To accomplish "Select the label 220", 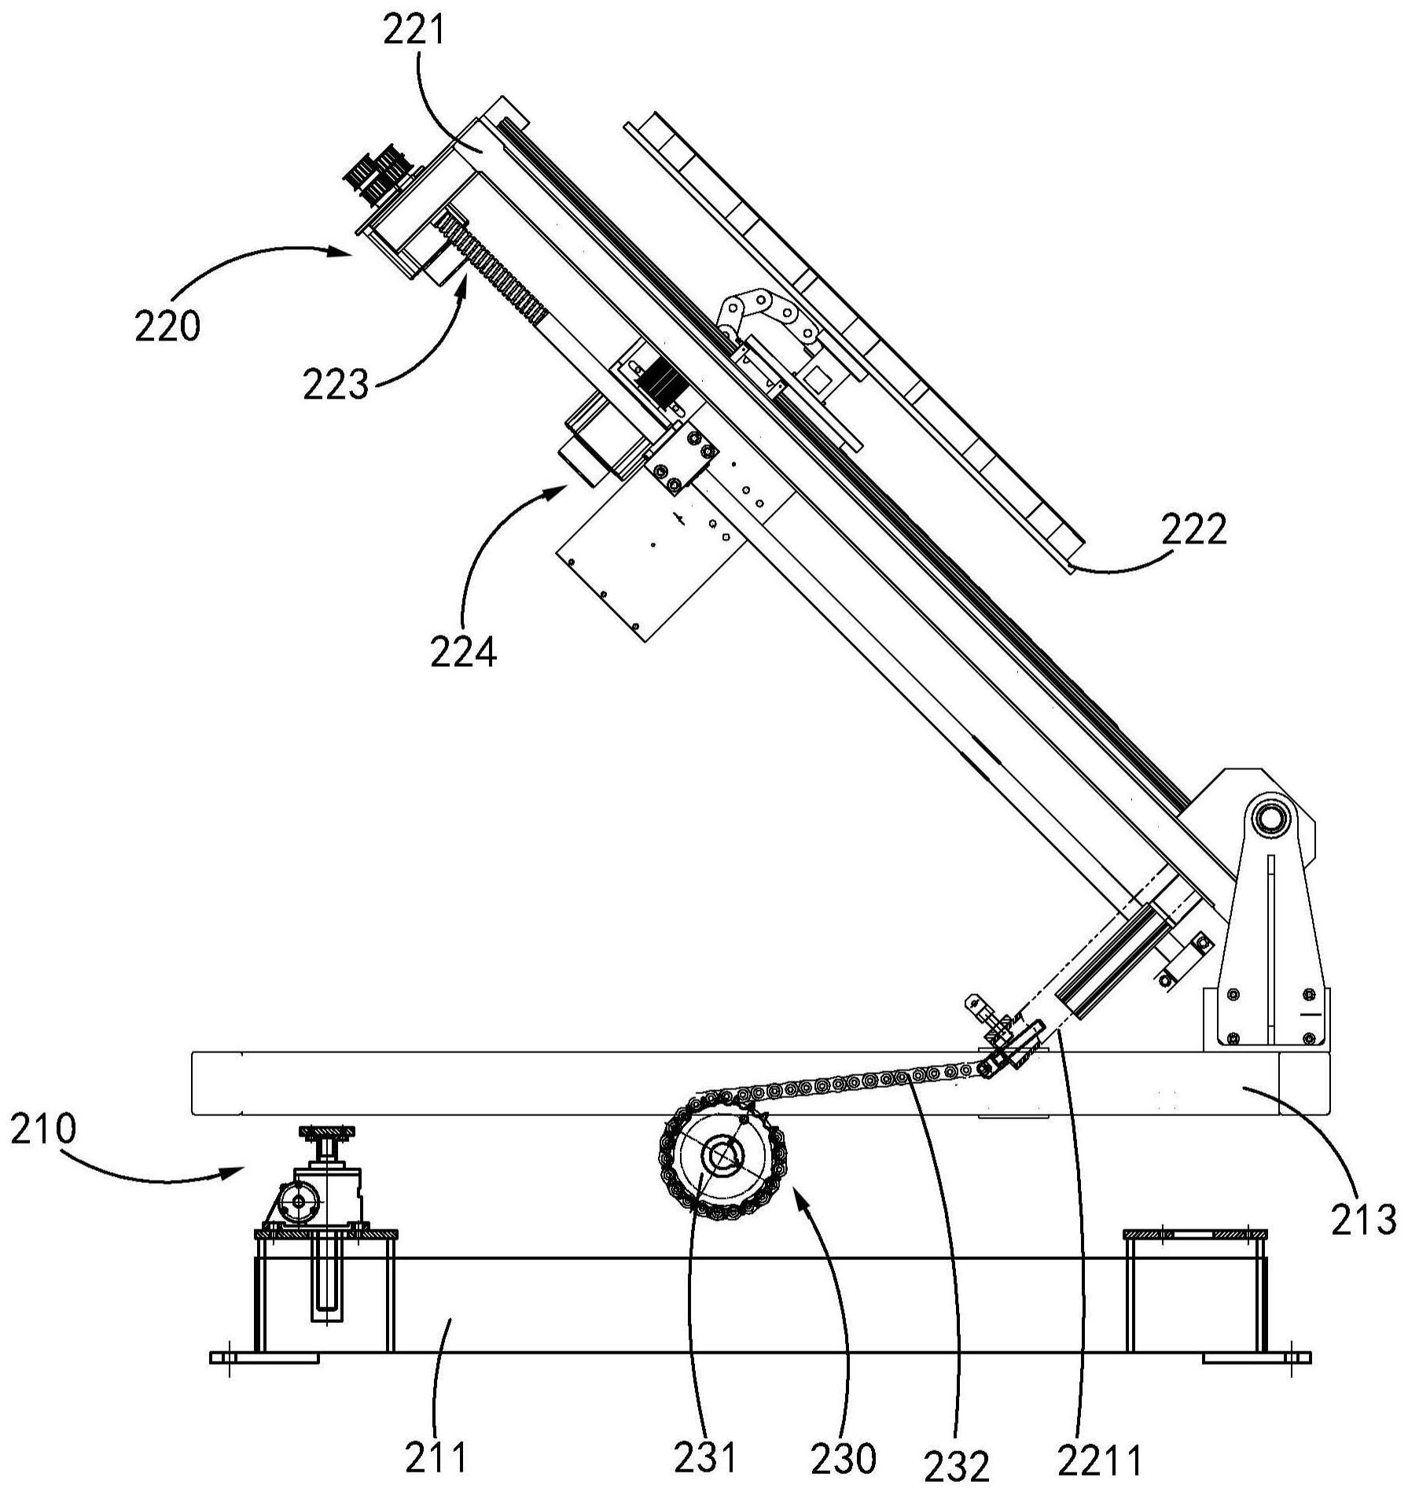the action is (x=167, y=326).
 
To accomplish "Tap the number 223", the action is (x=336, y=385).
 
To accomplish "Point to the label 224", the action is (x=463, y=652).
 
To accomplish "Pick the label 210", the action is (x=44, y=1131).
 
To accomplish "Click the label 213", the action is (x=1363, y=1242).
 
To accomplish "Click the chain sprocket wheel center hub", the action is (x=720, y=1155).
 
